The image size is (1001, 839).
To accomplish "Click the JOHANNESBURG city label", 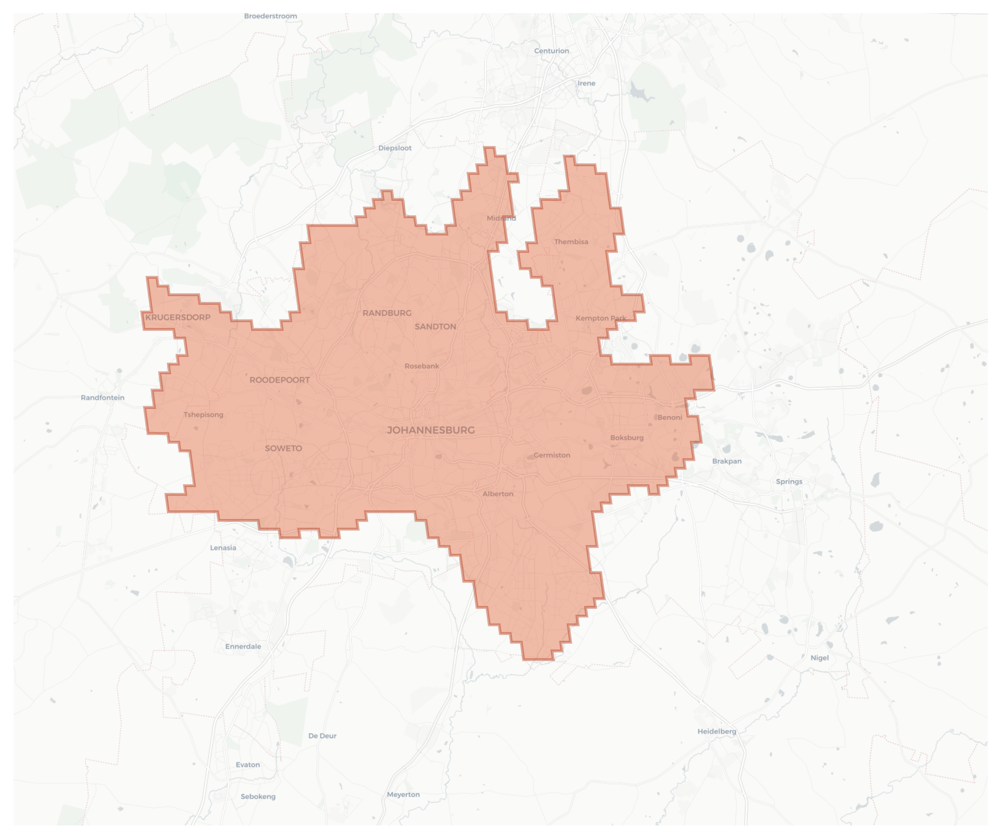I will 430,430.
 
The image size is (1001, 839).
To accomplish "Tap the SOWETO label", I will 283,448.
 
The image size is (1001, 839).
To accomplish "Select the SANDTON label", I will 435,327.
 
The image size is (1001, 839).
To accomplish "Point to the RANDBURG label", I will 387,313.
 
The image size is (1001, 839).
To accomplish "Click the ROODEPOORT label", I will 279,380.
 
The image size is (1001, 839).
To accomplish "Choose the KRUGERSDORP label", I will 178,318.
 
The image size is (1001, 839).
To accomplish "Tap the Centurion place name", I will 551,51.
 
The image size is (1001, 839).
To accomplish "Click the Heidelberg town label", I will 716,732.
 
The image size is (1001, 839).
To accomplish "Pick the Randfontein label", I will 102,398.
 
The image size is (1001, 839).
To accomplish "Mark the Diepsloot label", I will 395,148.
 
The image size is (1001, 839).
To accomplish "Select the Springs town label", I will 789,482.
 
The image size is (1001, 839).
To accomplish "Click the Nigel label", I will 819,658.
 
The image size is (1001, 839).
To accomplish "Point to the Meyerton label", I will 403,795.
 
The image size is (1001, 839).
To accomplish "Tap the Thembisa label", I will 571,242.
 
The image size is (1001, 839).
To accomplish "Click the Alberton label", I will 498,494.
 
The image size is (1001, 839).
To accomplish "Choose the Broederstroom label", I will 270,16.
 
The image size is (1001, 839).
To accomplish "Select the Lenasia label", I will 223,548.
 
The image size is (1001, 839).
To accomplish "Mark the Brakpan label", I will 726,461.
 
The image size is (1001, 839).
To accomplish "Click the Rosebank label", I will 422,366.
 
